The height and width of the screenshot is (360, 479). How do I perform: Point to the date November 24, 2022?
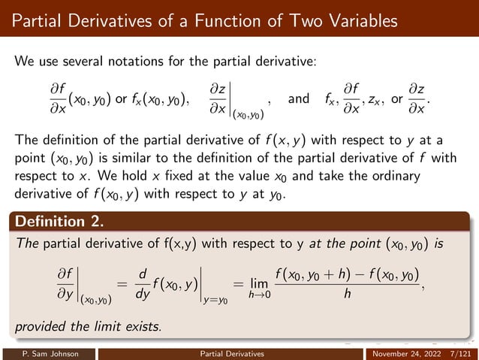tap(405, 352)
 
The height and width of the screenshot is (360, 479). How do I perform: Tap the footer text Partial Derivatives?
tap(239, 352)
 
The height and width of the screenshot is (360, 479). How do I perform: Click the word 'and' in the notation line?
tap(298, 98)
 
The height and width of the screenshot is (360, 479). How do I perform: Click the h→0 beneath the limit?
tap(260, 295)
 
